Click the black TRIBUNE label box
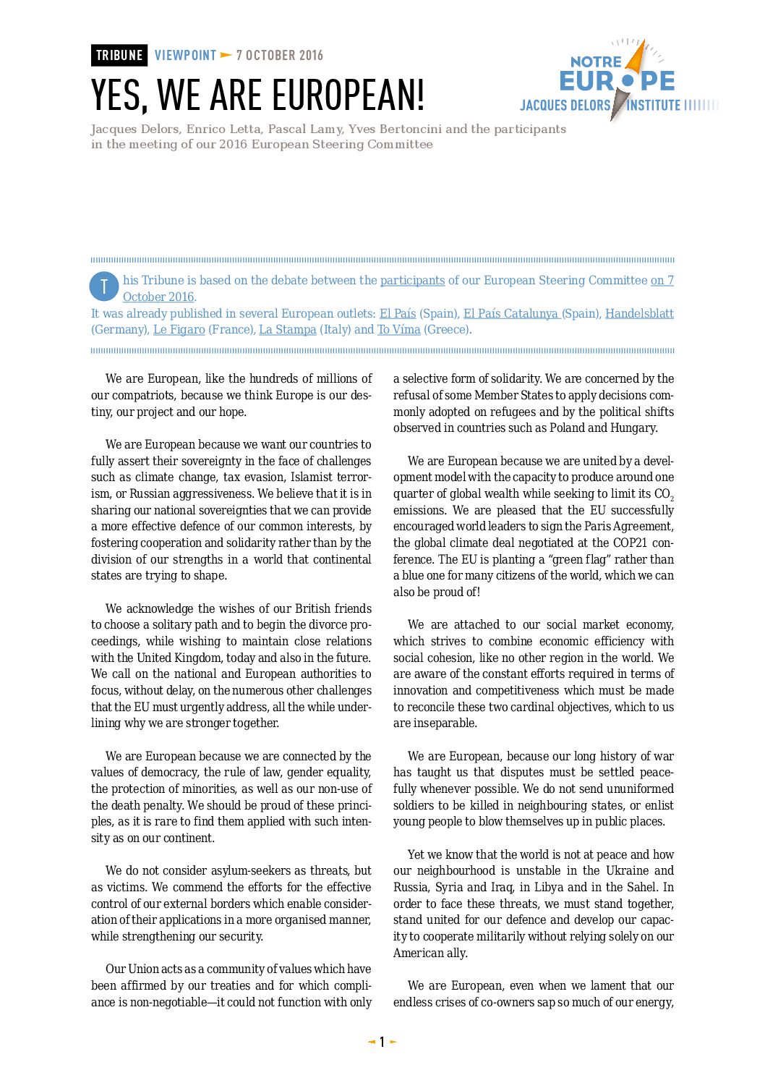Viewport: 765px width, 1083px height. tap(119, 56)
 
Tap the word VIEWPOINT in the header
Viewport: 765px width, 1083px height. tap(185, 56)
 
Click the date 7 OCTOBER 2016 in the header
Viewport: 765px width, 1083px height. tap(279, 56)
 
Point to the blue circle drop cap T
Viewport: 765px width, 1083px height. tap(104, 286)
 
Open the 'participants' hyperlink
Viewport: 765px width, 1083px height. tap(412, 281)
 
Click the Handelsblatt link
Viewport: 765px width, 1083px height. tap(639, 313)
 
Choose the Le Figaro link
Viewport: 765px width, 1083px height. tap(179, 330)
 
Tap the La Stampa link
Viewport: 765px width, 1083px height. tap(287, 330)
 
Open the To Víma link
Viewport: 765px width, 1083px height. tap(398, 330)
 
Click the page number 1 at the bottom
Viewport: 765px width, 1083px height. tap(382, 1042)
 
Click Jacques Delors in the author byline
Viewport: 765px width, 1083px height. tap(134, 129)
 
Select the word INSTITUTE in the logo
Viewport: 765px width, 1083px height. tap(654, 106)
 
